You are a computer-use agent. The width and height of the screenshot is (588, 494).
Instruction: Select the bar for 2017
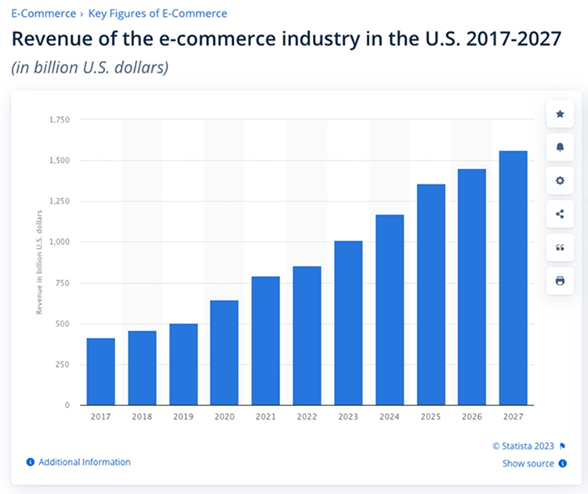[x=100, y=372]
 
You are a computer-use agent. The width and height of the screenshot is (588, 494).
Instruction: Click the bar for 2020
[x=224, y=353]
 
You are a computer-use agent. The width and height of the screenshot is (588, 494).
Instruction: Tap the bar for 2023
[x=348, y=323]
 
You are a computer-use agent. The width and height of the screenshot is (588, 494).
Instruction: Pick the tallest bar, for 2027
[x=513, y=278]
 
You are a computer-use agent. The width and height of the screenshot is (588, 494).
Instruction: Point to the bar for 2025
[x=430, y=295]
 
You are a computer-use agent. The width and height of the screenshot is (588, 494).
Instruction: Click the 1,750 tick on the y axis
[x=59, y=120]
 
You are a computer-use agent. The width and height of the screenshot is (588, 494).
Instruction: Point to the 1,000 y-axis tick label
[x=59, y=242]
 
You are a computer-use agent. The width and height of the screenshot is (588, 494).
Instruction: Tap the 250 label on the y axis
[x=62, y=365]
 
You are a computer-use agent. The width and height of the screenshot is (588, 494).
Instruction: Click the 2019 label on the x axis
[x=183, y=418]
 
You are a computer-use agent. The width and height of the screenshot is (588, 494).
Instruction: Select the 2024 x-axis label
[x=389, y=418]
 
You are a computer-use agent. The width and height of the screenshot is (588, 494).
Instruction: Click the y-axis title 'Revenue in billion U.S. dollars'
[x=39, y=263]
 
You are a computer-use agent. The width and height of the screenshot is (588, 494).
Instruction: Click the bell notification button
[x=560, y=147]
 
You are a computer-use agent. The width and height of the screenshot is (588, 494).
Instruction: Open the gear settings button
[x=560, y=181]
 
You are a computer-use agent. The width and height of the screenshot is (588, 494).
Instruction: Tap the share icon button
[x=560, y=214]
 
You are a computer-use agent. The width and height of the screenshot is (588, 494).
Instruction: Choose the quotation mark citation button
[x=560, y=248]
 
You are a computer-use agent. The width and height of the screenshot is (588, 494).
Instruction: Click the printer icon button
[x=560, y=281]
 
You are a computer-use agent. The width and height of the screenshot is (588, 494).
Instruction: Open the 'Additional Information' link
[x=84, y=463]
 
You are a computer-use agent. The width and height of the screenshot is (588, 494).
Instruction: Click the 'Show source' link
[x=528, y=463]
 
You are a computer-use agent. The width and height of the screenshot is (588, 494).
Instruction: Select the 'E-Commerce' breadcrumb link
[x=43, y=13]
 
